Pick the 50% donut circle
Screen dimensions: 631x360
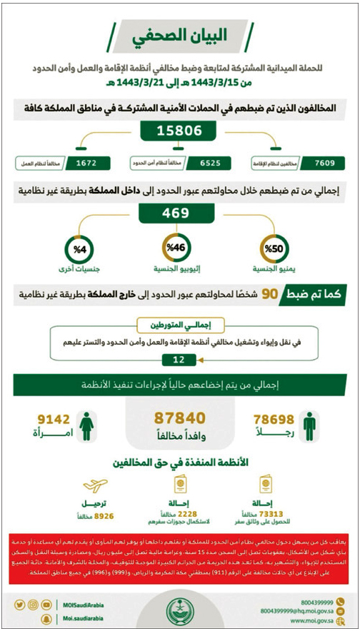click(275, 248)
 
